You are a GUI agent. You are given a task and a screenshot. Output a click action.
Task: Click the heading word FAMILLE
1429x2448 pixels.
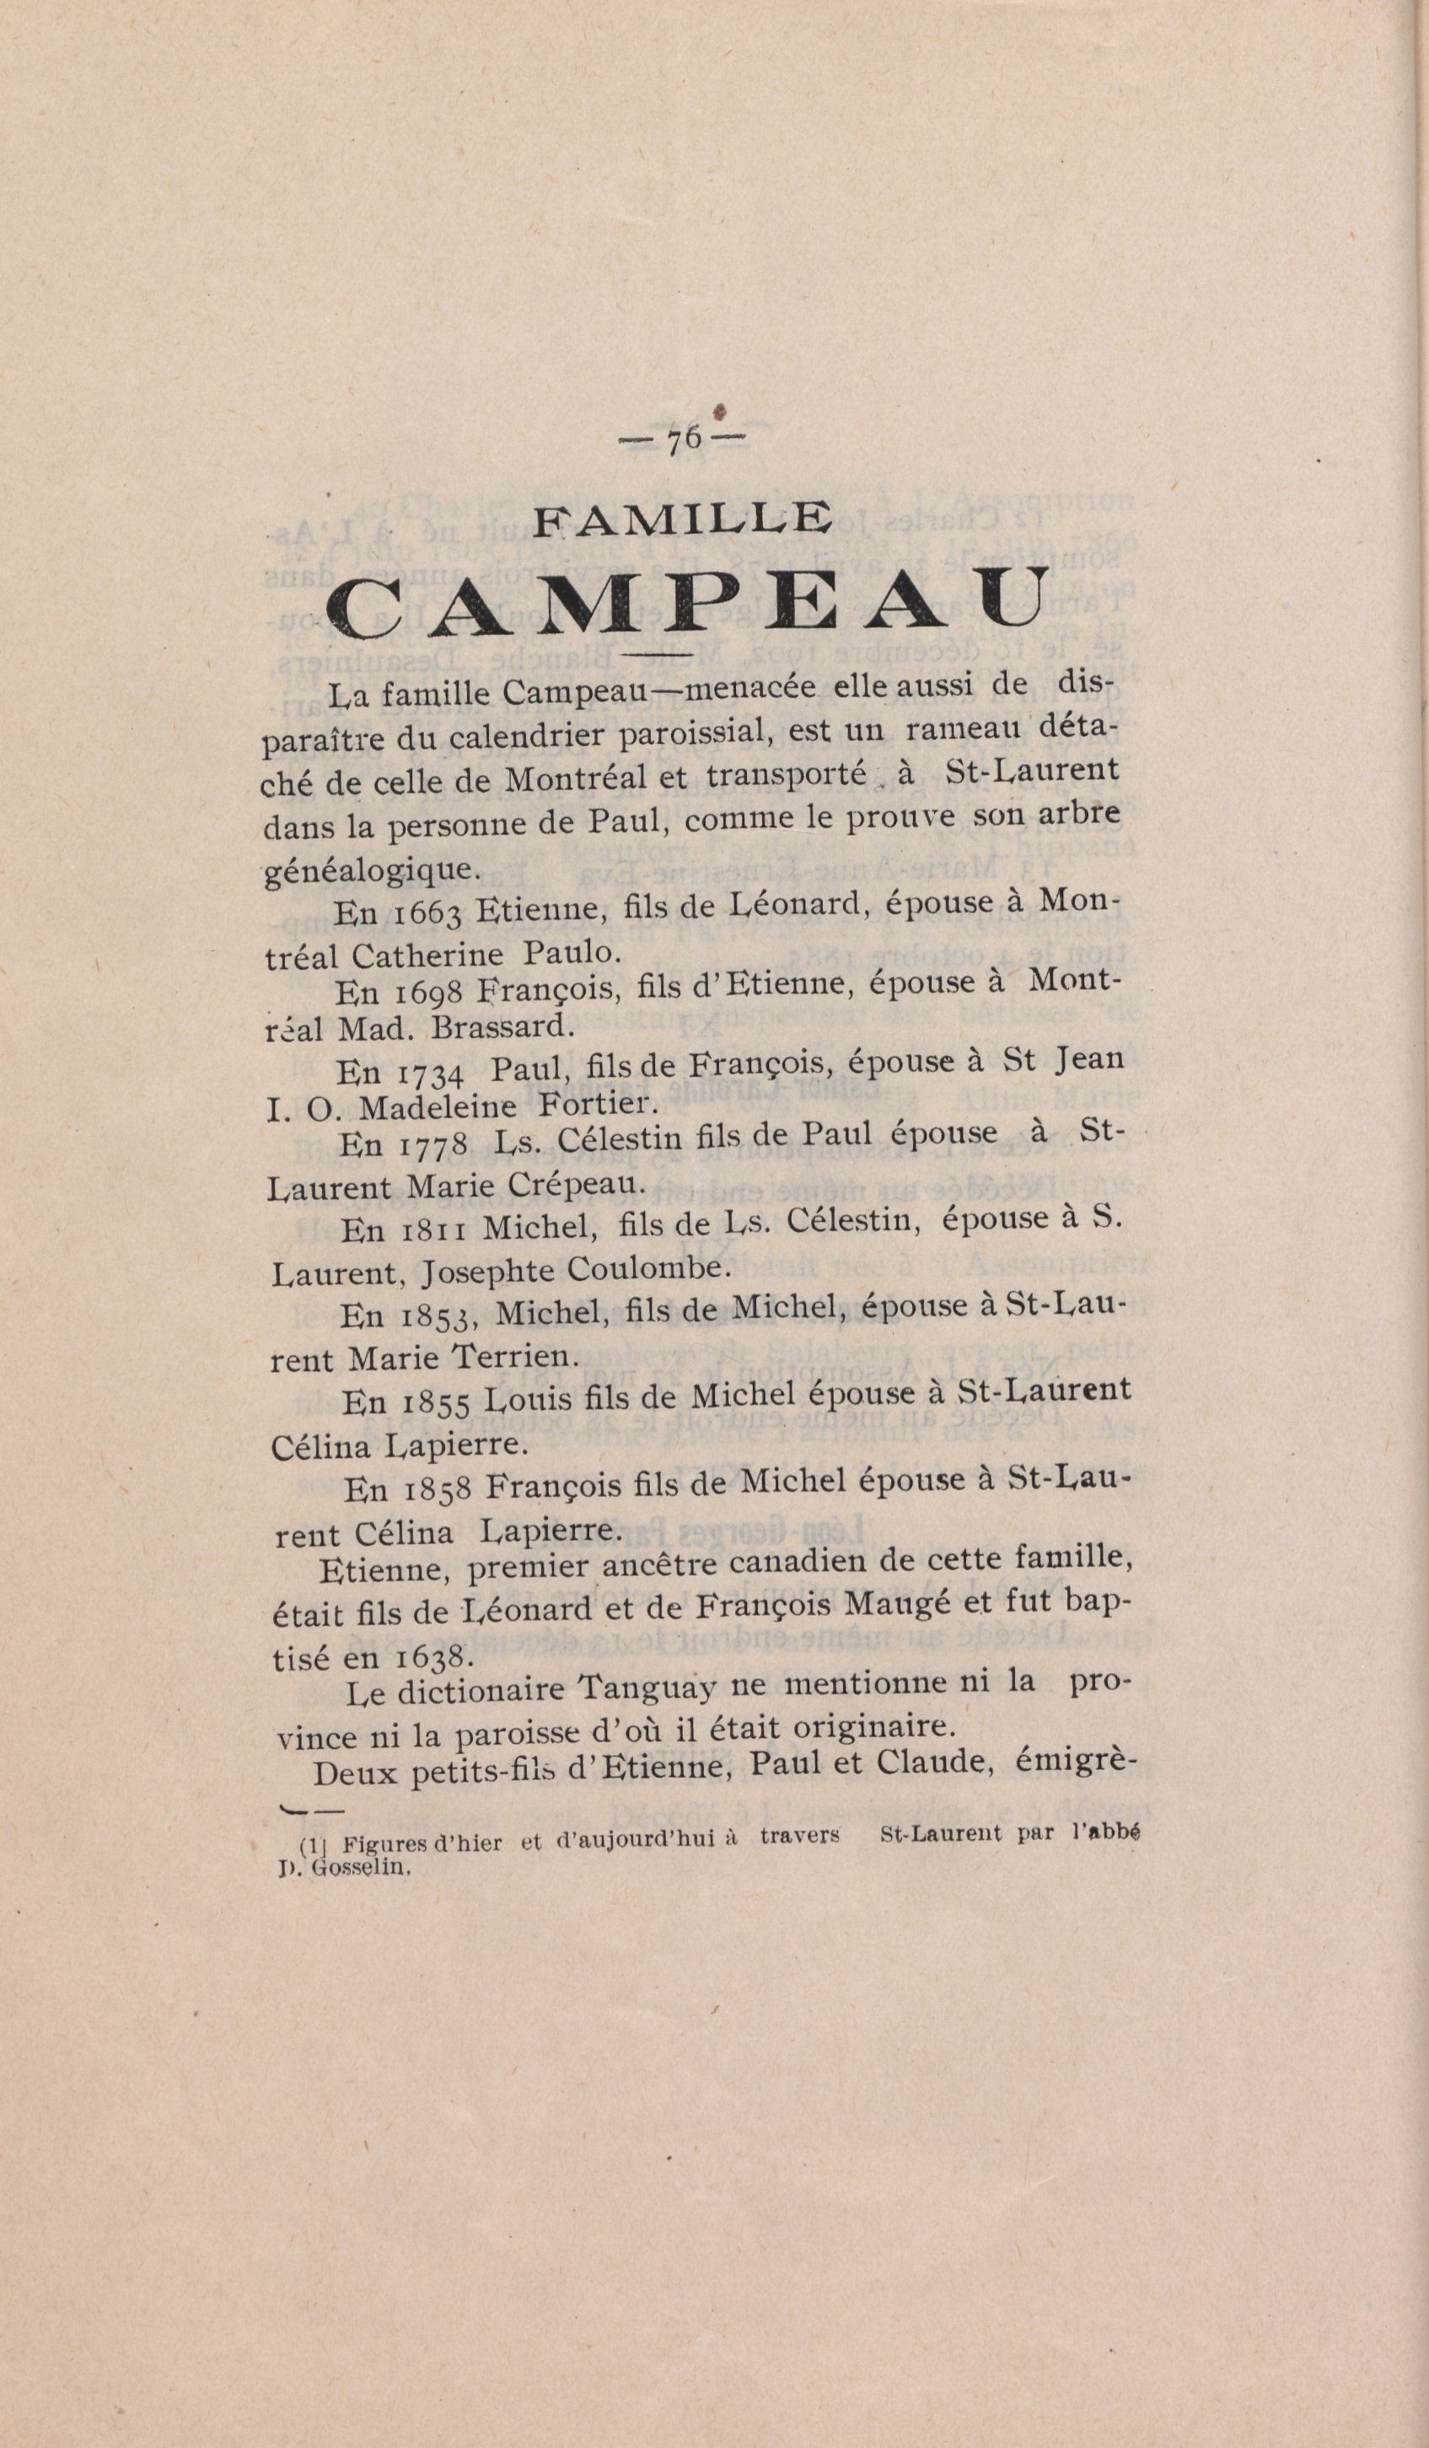684,523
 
